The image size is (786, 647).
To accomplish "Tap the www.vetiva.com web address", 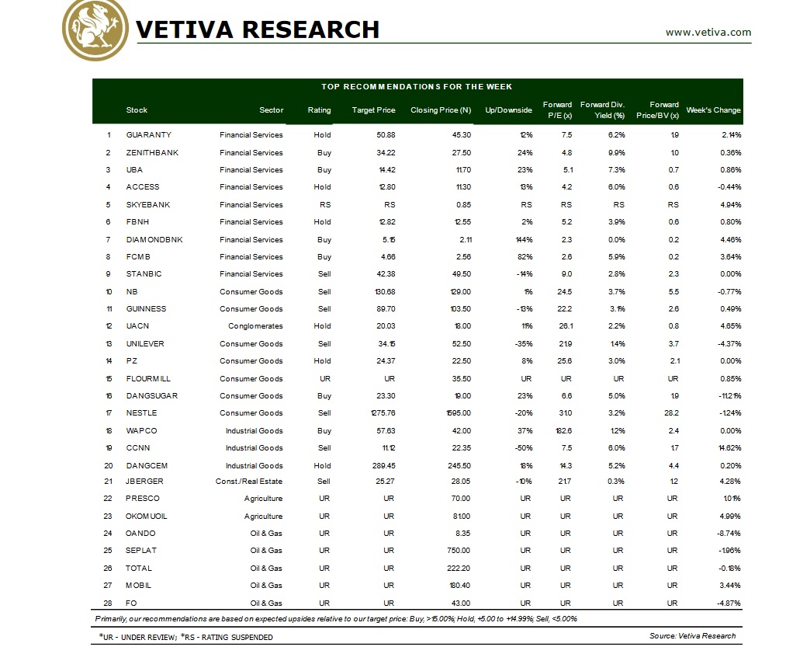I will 708,32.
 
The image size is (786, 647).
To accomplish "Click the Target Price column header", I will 373,110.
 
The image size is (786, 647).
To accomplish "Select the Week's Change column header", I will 713,110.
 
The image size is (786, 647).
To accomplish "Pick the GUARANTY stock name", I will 148,135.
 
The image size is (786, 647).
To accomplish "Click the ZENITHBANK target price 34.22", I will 384,152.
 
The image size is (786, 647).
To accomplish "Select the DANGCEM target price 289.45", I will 383,466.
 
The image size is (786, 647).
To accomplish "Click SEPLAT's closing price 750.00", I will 459,551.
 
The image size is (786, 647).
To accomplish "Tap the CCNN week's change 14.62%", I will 729,448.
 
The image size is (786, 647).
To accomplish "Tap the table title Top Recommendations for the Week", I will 417,87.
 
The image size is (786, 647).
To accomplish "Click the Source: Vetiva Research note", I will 692,636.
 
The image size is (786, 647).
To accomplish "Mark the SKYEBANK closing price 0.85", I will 462,205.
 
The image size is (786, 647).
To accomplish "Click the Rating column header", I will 319,110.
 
